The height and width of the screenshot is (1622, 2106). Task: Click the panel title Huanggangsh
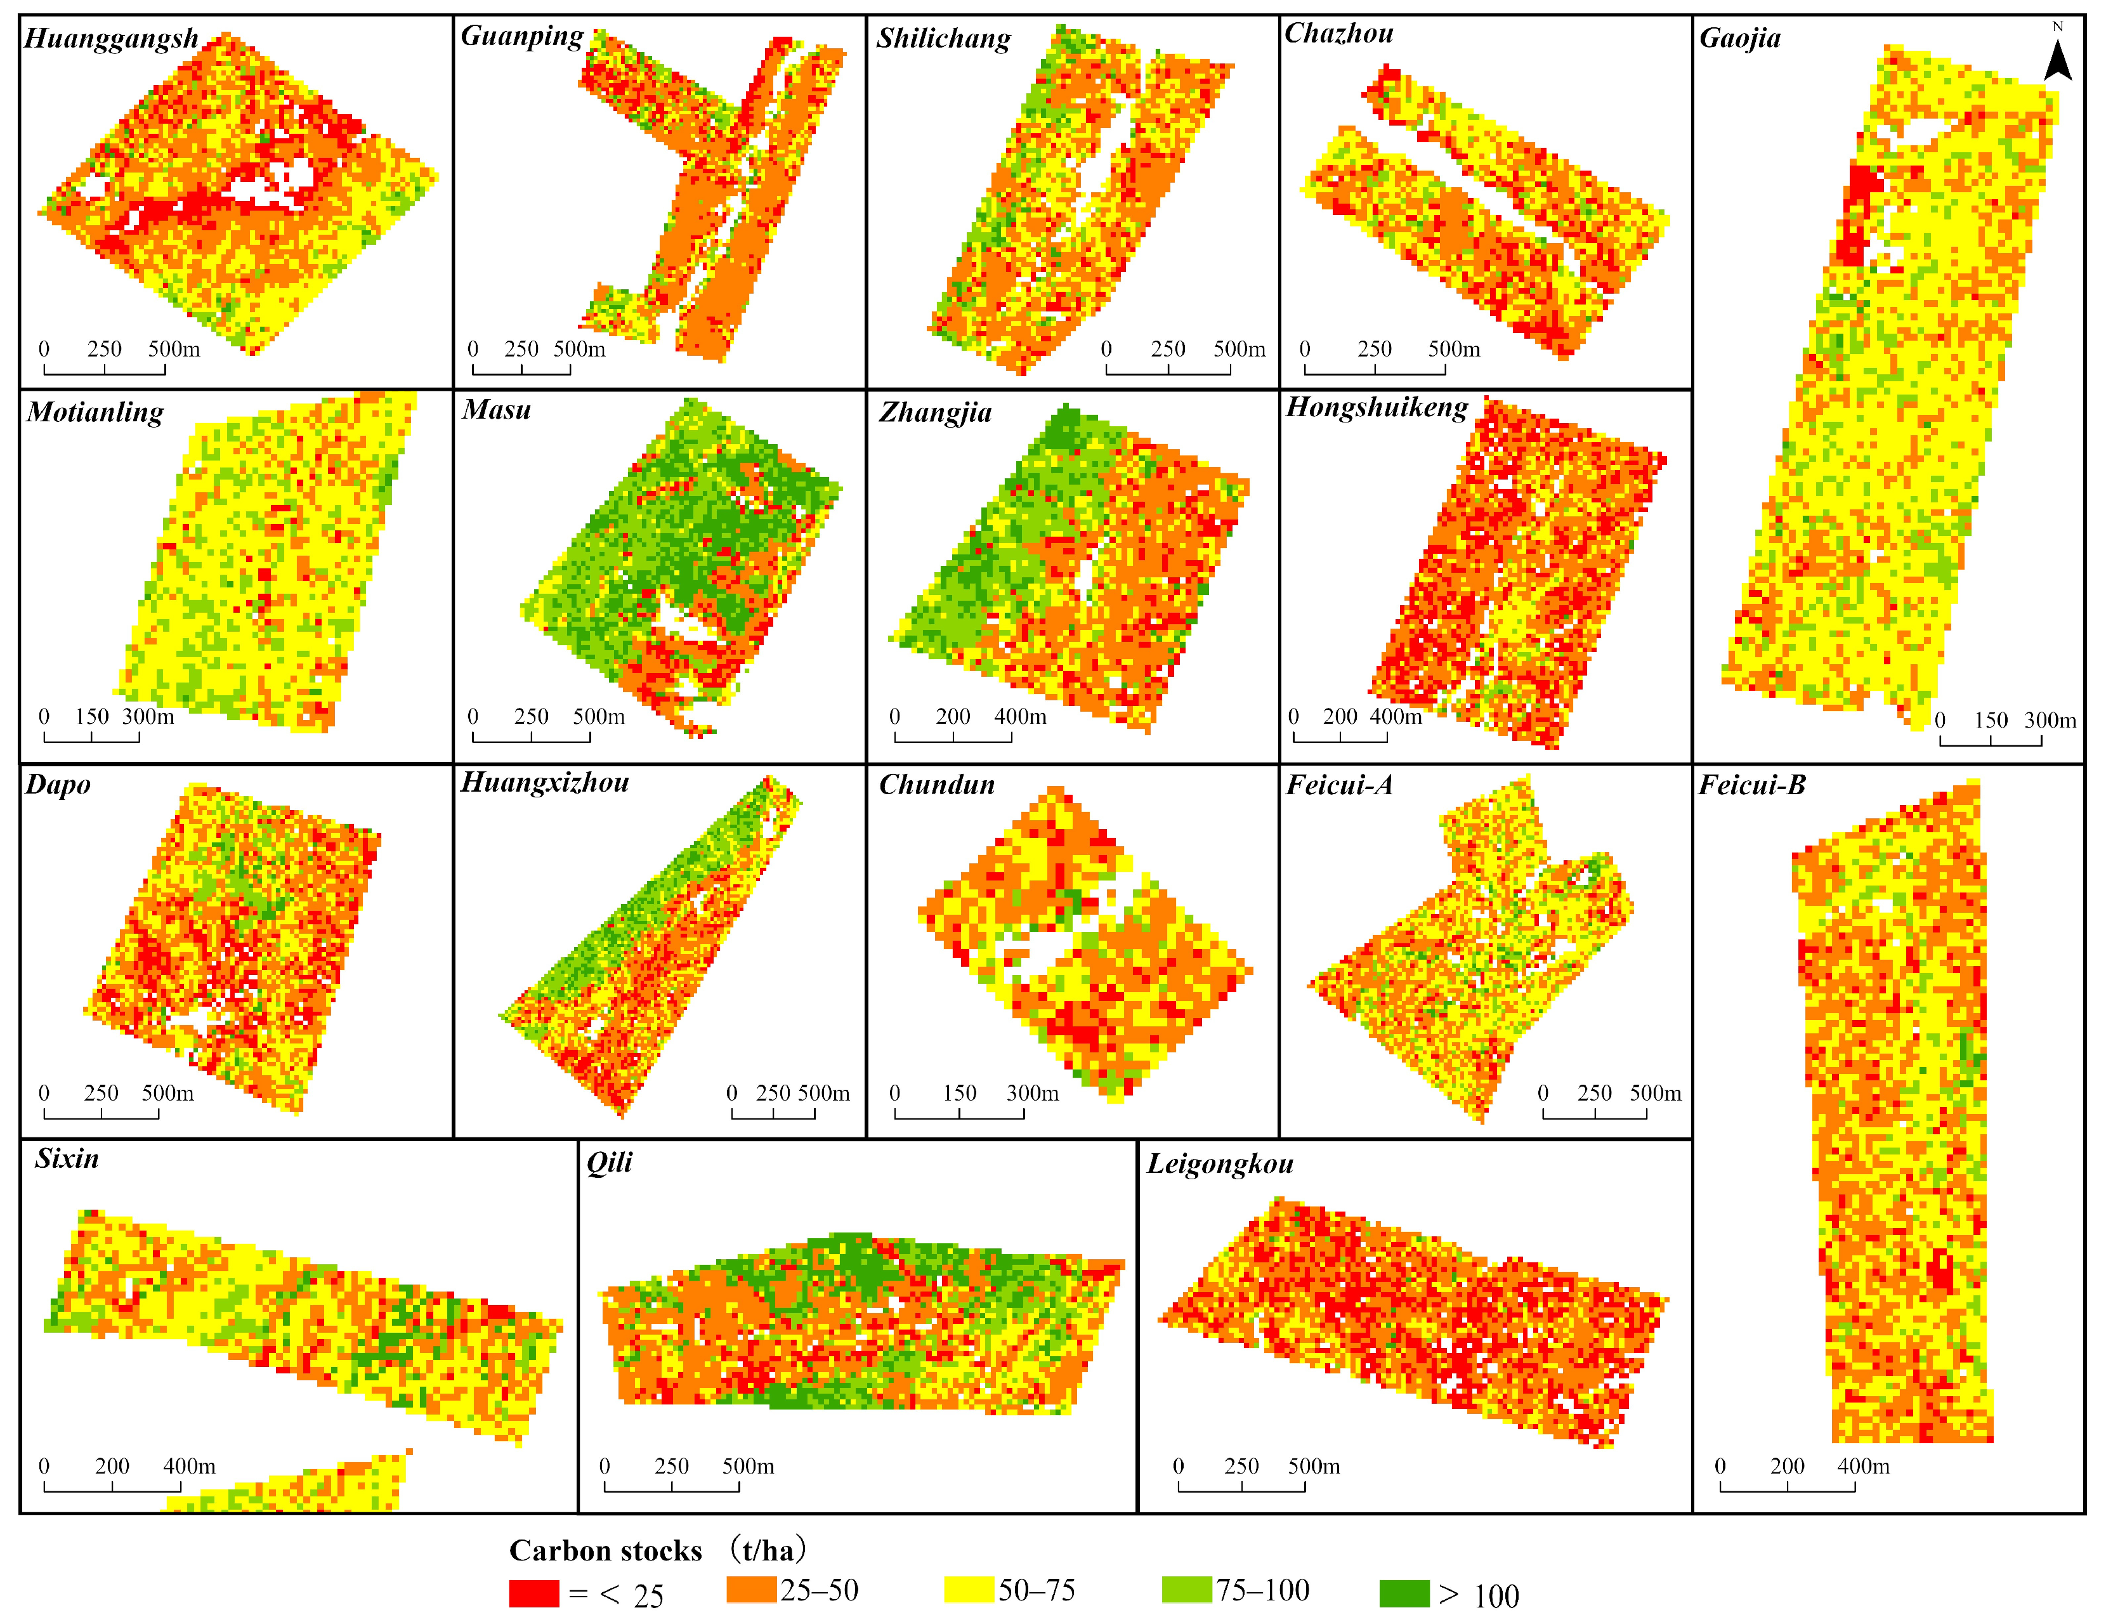[x=111, y=39]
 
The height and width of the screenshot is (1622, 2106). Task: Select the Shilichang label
[x=943, y=39]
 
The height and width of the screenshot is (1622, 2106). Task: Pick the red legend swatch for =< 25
[x=533, y=1593]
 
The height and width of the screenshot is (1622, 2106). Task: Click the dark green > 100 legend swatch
[x=1404, y=1593]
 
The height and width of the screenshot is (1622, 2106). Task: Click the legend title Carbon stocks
[x=606, y=1551]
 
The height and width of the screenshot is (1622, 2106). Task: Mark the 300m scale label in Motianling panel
[x=148, y=717]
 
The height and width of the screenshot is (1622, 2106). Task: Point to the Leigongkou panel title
[x=1220, y=1164]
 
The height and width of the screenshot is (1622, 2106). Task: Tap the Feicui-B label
[x=1751, y=785]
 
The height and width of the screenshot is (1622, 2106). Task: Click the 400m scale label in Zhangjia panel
[x=1020, y=717]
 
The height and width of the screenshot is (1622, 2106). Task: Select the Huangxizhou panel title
[x=545, y=782]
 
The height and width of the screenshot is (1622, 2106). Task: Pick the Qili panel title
[x=610, y=1162]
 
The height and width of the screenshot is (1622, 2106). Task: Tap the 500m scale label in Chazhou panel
[x=1453, y=349]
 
